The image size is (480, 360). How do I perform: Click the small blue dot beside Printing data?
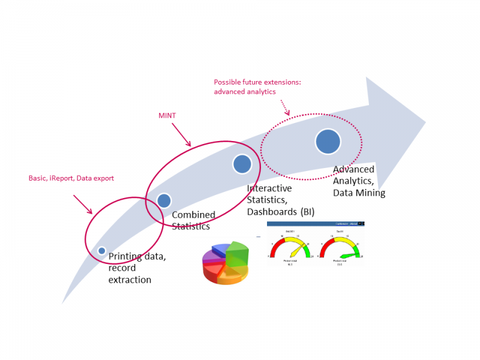(102, 250)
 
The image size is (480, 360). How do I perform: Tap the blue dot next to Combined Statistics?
(164, 200)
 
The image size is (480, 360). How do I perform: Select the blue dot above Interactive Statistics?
(242, 164)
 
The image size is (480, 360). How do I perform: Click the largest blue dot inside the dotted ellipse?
(328, 141)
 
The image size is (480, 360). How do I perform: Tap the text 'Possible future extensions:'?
(257, 82)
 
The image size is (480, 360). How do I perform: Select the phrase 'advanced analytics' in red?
(245, 92)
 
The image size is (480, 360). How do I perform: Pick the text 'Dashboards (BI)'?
(281, 211)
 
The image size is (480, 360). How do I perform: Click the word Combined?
(194, 215)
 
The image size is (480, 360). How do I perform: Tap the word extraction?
(130, 280)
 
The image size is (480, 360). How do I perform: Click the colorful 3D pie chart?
(226, 263)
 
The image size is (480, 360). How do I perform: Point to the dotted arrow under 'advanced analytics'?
(284, 107)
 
